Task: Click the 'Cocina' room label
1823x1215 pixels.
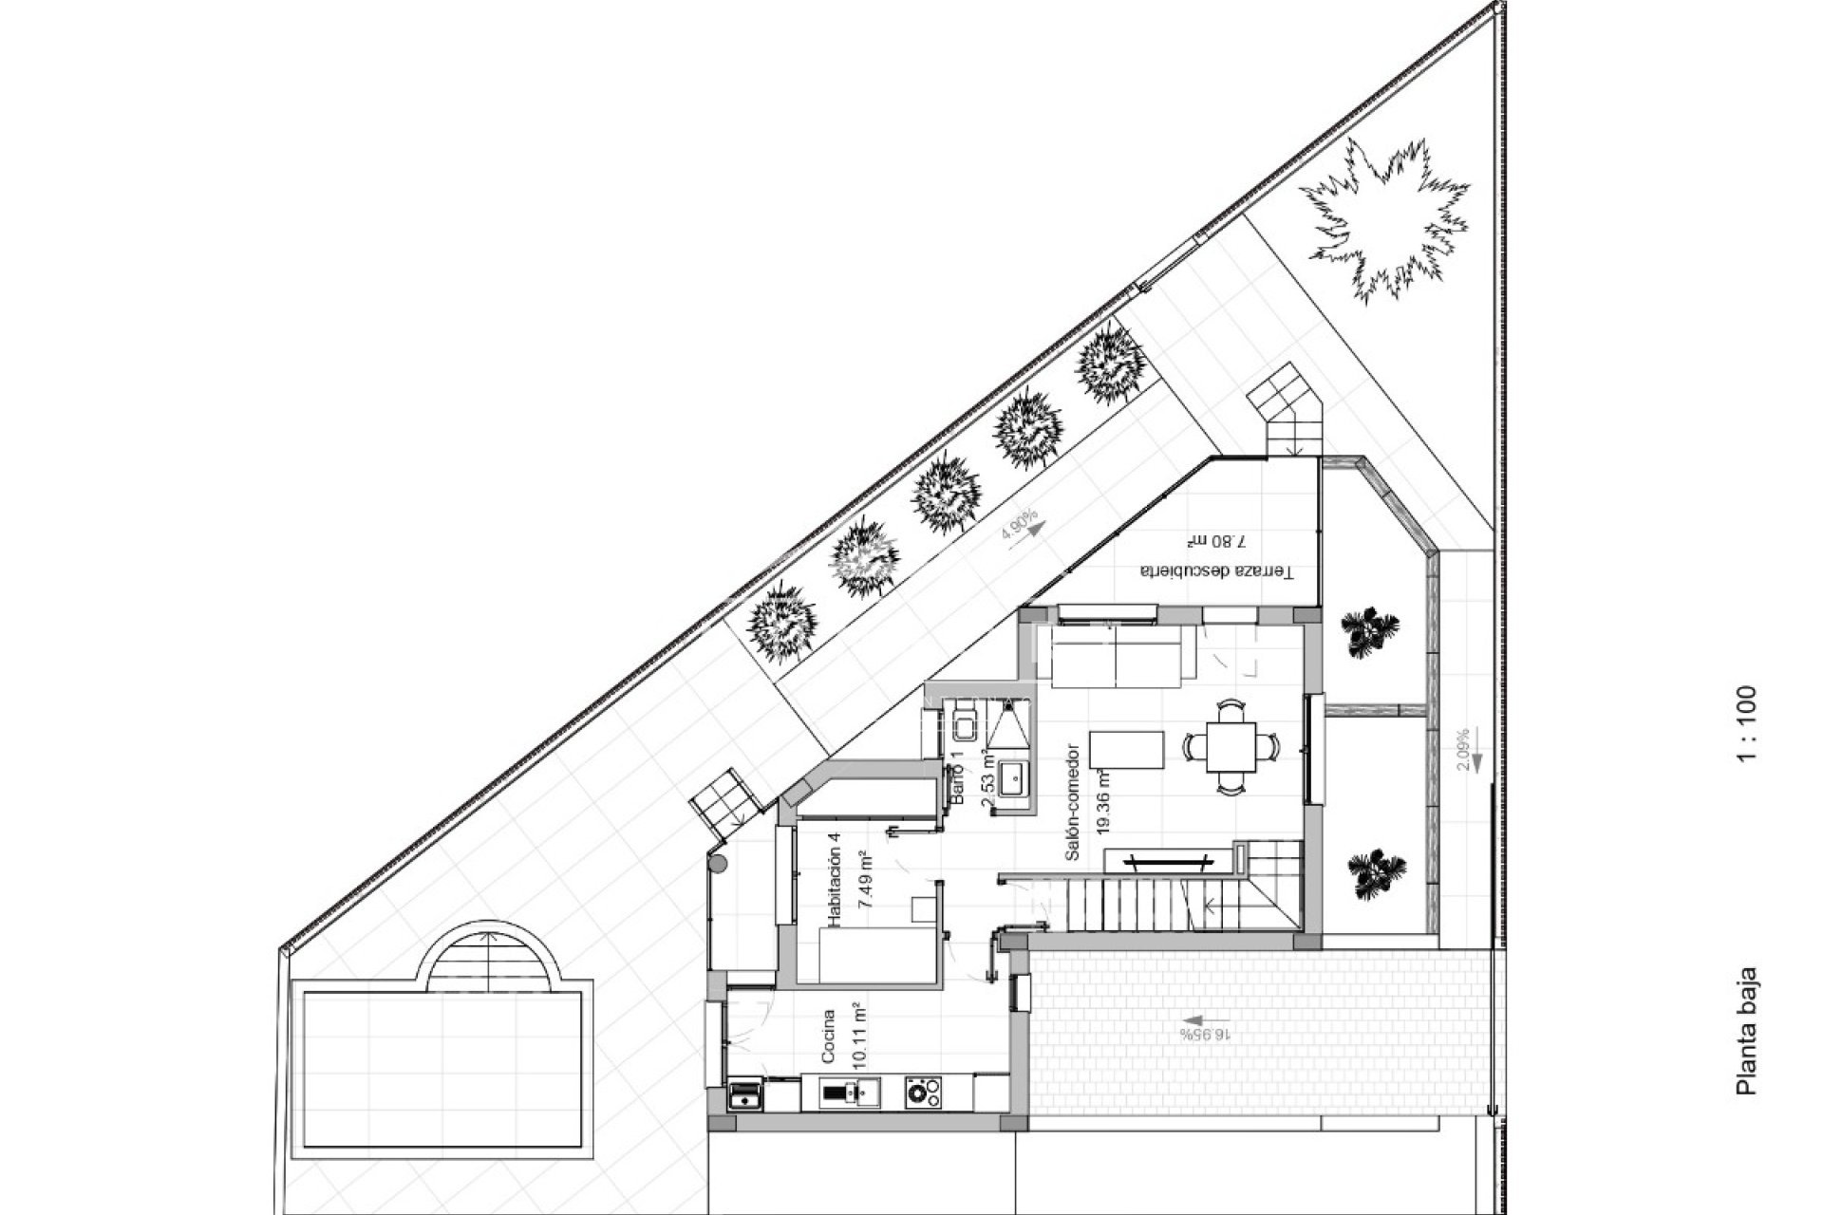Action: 828,1037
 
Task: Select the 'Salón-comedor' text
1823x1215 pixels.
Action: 1073,802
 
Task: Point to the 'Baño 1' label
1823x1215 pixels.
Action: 958,778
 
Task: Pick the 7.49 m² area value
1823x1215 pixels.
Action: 865,881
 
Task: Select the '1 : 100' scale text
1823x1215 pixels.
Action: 1746,723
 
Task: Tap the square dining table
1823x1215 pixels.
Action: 1231,747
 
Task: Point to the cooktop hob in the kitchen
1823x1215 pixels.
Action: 922,1092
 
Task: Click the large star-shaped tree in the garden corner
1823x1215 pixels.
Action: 1383,220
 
